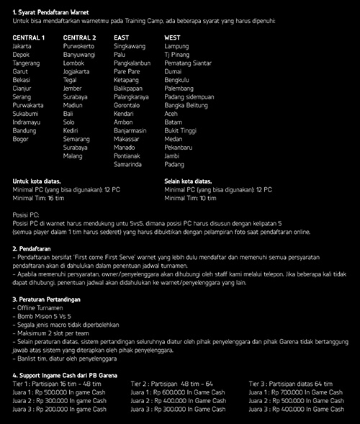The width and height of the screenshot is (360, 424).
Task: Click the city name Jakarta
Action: [22, 46]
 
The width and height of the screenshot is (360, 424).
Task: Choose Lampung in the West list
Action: [176, 46]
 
